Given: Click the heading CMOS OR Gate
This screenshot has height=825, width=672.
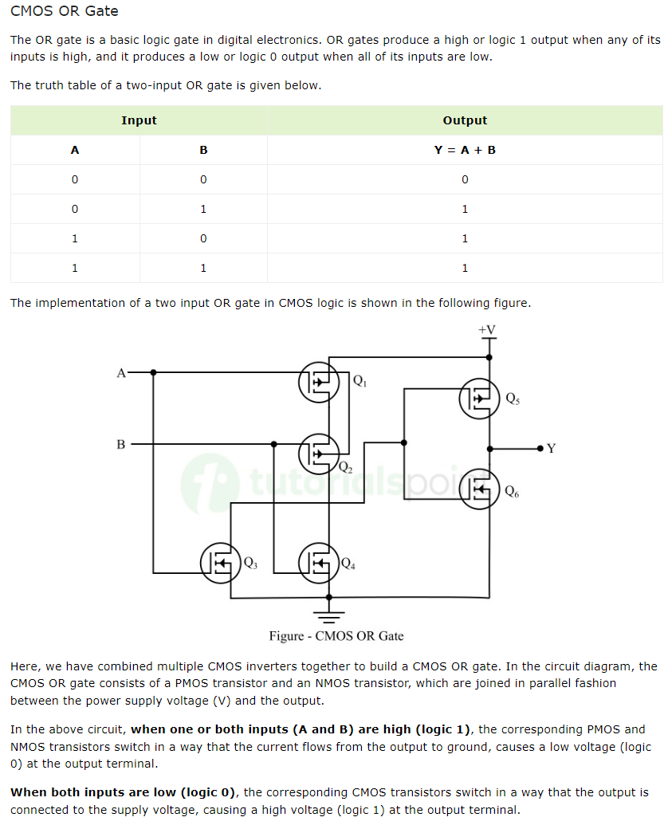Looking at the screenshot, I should click(65, 11).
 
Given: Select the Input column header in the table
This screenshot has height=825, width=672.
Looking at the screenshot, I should click(139, 120).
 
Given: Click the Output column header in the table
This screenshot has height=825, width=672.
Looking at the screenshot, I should click(465, 120).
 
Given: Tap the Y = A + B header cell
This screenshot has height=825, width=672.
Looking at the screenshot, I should click(465, 150).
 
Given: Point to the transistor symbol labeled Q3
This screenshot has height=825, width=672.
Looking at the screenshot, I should click(220, 562).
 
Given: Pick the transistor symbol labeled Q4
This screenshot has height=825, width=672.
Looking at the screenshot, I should click(319, 562).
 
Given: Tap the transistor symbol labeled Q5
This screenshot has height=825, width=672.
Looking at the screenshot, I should click(479, 398).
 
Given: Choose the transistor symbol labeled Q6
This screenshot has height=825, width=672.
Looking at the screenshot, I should click(479, 489).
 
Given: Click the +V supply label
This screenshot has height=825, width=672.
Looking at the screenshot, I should click(487, 330).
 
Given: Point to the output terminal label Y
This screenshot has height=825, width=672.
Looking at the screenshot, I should click(551, 449).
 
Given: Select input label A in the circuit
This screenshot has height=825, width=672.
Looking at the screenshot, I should click(121, 372).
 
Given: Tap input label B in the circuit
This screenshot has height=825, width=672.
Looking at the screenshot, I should click(121, 444).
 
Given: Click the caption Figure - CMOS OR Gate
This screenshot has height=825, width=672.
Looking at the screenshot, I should click(336, 636).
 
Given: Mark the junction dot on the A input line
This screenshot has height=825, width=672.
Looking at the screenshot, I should click(153, 372).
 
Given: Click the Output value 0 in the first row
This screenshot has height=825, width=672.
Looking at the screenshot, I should click(465, 179).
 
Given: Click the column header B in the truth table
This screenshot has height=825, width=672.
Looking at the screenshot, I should click(203, 150).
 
